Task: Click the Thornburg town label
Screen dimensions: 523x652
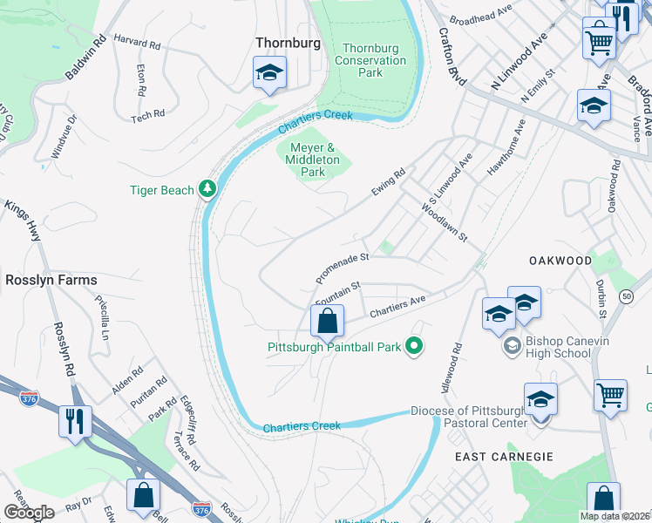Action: (288, 43)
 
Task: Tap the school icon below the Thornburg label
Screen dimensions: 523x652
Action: (270, 75)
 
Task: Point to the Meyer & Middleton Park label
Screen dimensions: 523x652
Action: (313, 160)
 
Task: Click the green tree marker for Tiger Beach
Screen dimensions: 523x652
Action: (207, 188)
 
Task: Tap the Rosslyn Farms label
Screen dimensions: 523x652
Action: (51, 280)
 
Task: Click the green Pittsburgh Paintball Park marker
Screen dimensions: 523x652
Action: (415, 347)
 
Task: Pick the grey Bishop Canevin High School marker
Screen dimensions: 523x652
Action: (512, 347)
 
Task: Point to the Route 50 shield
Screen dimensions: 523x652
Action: (627, 297)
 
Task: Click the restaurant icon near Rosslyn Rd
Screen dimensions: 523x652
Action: (75, 423)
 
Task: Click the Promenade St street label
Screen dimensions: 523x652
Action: (343, 268)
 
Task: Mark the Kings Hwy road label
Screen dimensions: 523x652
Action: (24, 218)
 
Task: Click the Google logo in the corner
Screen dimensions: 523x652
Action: (29, 513)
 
